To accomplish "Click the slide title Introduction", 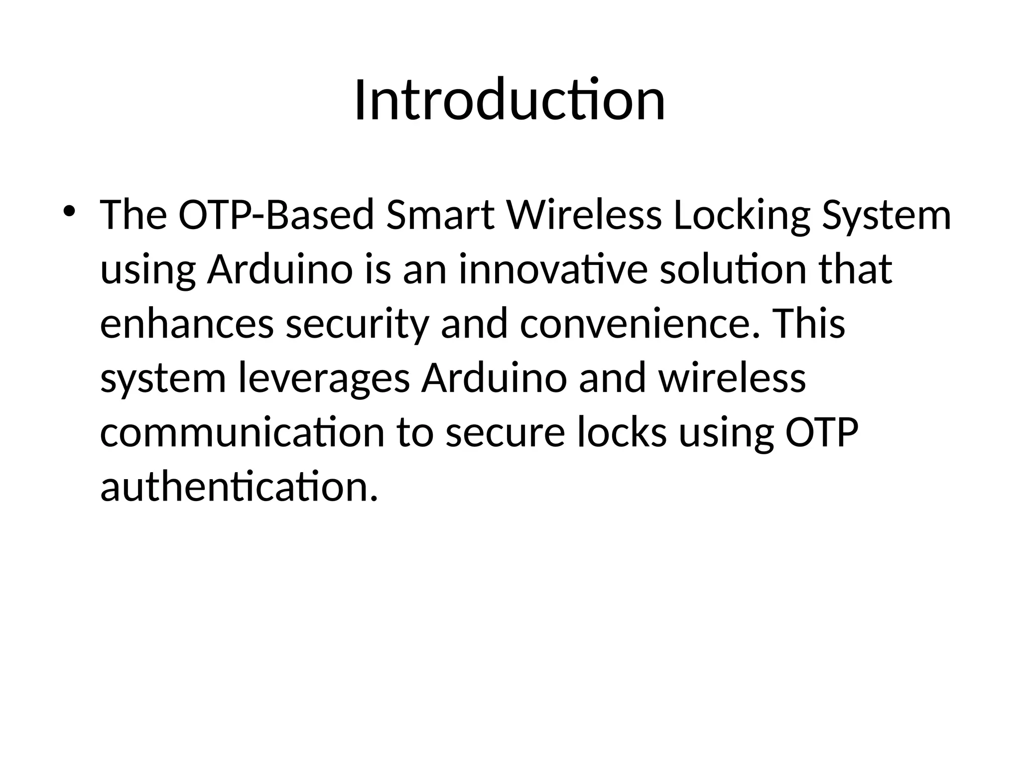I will tap(510, 100).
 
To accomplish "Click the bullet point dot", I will tap(69, 211).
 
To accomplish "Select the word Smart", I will tap(440, 215).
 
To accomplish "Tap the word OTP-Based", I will tap(276, 215).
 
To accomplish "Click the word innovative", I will tap(553, 269).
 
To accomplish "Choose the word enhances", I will tap(187, 324).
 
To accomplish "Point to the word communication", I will tap(242, 432).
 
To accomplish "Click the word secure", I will tap(505, 432).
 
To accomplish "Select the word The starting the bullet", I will tap(133, 215).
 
